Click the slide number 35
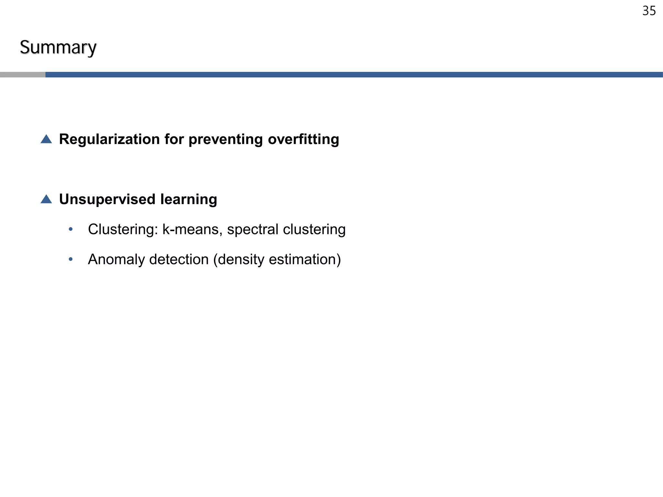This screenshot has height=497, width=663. click(x=649, y=11)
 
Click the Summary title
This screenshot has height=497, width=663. click(x=58, y=48)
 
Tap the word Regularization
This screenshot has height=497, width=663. click(x=109, y=139)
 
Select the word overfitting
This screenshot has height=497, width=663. click(x=303, y=139)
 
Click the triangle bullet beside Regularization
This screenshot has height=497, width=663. click(x=46, y=139)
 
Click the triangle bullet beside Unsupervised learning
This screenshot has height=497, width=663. click(x=46, y=199)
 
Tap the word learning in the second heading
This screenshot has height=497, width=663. click(x=188, y=199)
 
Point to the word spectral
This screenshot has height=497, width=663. click(x=253, y=229)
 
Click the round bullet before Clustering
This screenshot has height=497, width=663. click(x=71, y=229)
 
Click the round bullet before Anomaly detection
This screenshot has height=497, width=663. click(x=71, y=259)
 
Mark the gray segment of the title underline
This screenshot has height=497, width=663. click(x=23, y=75)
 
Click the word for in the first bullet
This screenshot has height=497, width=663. click(x=174, y=139)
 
